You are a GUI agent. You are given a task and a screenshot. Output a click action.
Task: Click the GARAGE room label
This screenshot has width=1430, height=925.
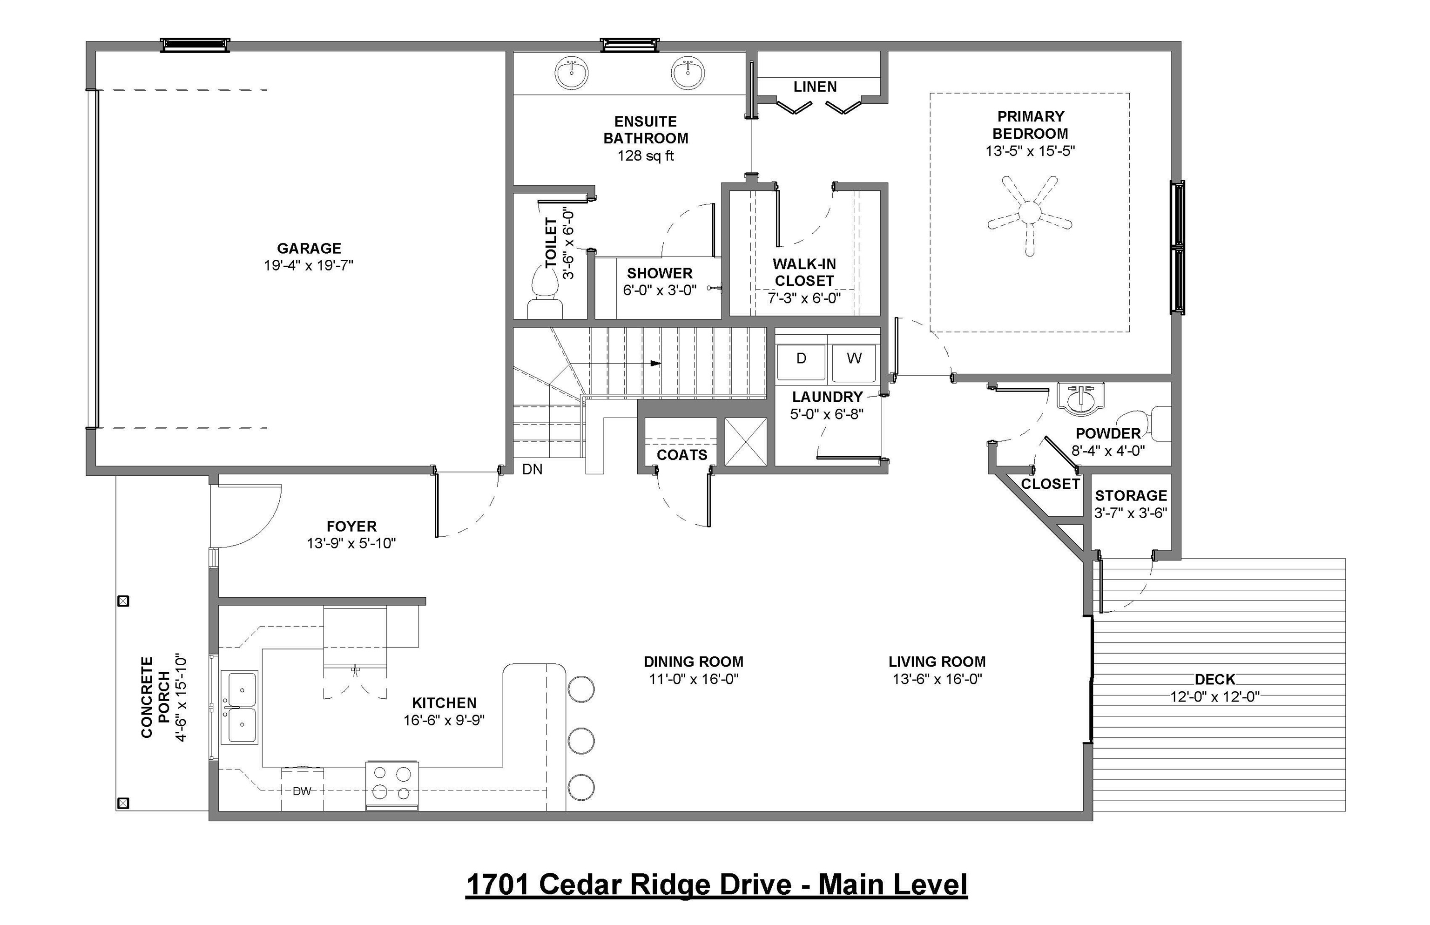(x=309, y=248)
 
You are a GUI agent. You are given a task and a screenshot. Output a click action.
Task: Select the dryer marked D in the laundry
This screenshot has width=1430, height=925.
(x=801, y=362)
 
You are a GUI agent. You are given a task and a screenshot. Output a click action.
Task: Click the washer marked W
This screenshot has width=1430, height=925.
(x=853, y=362)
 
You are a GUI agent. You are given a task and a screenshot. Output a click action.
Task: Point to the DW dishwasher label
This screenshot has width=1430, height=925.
(x=302, y=791)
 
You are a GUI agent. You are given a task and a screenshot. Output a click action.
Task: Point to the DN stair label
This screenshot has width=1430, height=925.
(x=532, y=469)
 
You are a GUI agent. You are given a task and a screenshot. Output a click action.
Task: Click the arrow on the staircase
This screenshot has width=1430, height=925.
(x=656, y=364)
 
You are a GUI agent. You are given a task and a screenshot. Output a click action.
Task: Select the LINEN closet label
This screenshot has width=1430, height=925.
(x=815, y=87)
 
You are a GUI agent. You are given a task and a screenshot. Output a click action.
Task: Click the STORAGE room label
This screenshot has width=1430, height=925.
(x=1131, y=495)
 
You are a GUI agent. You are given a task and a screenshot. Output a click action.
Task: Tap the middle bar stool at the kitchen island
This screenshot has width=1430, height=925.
(x=581, y=741)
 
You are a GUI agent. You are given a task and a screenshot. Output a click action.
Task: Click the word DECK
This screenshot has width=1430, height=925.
(x=1214, y=679)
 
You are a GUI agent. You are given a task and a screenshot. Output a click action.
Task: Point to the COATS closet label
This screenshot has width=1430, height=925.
(x=681, y=455)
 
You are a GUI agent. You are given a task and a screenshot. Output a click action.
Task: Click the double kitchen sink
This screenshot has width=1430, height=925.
(x=240, y=707)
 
